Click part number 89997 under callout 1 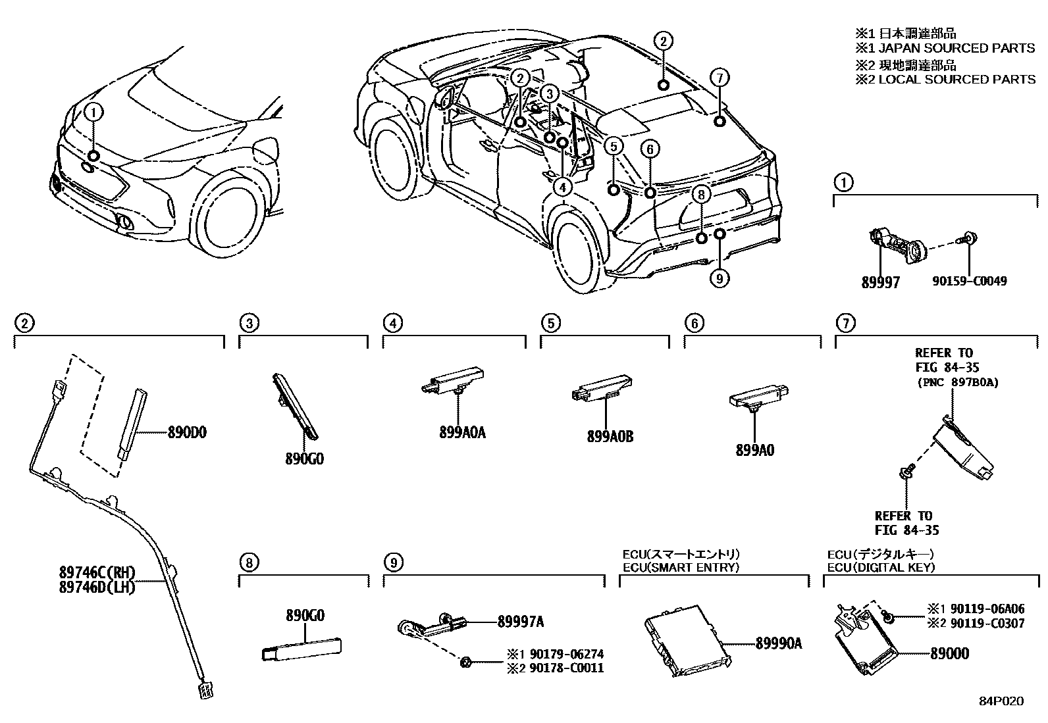pos(880,282)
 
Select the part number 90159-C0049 pos(969,282)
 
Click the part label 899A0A pos(462,433)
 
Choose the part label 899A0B pos(610,436)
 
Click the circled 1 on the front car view pos(93,112)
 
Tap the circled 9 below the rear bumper pos(719,279)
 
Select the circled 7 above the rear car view pos(720,78)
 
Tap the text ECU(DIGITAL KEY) pos(881,567)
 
